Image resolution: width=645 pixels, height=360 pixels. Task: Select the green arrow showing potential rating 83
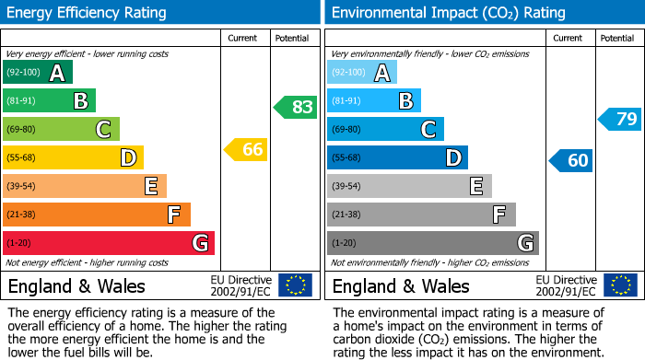[296, 107]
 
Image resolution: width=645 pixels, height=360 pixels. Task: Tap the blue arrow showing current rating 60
[571, 160]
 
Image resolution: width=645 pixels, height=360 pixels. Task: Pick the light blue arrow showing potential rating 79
[620, 119]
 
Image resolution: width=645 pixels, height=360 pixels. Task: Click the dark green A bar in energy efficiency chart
[38, 73]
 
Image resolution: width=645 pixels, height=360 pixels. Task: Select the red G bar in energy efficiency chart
[109, 243]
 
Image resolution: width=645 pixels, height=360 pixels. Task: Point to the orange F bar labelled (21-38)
[97, 215]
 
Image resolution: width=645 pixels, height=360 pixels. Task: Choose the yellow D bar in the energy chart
[73, 157]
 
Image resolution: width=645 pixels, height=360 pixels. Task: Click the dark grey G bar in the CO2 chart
[432, 243]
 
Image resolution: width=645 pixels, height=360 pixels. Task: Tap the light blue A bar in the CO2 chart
[361, 73]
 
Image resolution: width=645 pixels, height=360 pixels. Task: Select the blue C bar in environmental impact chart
[385, 129]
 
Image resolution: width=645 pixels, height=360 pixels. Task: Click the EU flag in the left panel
[295, 285]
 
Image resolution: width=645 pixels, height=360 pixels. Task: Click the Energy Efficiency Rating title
[88, 13]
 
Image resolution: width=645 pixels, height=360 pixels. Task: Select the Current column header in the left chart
[242, 38]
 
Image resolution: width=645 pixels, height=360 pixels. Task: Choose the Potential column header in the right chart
[617, 38]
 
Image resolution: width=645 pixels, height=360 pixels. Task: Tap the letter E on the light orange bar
[150, 186]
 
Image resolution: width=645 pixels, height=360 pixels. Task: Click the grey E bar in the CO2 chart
[409, 186]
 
